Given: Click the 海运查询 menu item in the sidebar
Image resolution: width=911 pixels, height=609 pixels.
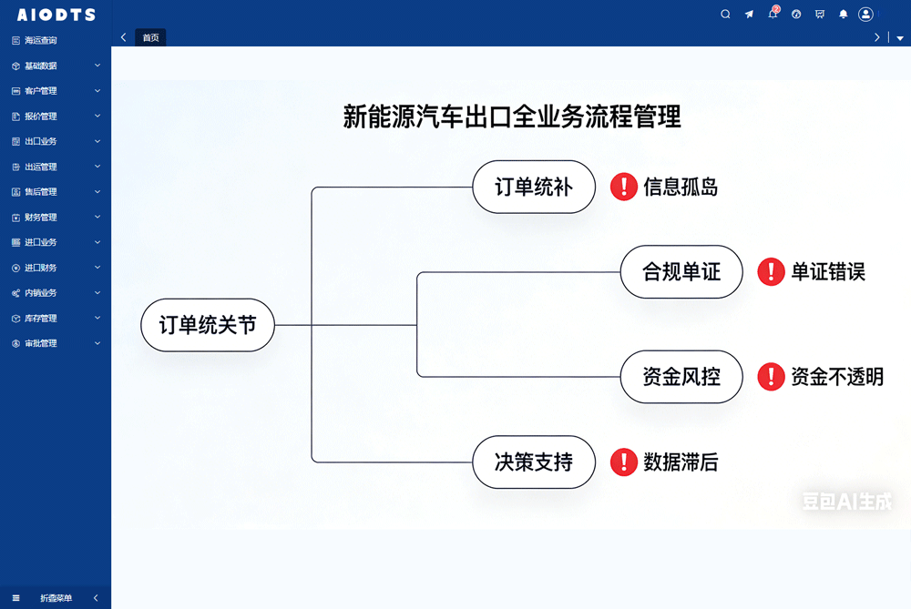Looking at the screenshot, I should (x=40, y=40).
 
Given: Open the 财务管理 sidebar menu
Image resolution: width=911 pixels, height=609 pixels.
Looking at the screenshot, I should (x=40, y=218).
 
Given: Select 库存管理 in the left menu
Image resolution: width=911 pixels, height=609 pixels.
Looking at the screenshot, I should (x=40, y=319).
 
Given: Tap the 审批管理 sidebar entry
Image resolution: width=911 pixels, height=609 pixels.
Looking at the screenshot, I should (x=40, y=344).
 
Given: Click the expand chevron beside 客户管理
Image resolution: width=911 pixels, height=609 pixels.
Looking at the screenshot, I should (x=97, y=91).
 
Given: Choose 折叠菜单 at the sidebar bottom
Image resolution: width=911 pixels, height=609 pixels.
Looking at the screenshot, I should (x=56, y=598).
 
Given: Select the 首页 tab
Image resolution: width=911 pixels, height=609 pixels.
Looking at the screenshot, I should (x=150, y=37).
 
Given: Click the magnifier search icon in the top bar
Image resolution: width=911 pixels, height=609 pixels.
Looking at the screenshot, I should (x=725, y=15).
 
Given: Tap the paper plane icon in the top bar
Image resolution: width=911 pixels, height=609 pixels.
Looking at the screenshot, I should (x=749, y=15).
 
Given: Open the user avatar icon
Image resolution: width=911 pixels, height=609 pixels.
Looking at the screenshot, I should (x=865, y=15).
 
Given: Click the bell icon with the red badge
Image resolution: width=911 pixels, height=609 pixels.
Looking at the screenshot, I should (x=773, y=14).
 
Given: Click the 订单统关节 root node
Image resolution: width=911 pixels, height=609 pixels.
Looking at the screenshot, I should (x=208, y=325).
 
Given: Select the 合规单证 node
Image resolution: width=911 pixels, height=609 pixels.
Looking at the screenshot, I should (x=681, y=271).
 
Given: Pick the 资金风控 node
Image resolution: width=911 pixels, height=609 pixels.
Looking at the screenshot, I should (x=681, y=376).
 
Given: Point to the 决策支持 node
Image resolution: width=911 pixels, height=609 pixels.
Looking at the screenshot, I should (x=534, y=462).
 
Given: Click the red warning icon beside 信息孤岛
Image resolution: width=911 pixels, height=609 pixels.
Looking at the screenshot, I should (x=623, y=188).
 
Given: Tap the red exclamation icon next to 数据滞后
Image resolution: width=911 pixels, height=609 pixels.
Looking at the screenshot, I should (x=623, y=462).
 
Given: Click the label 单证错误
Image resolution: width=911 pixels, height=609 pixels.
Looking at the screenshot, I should (x=827, y=271).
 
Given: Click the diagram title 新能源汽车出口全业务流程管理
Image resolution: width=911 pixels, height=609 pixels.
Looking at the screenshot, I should (x=512, y=117).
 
